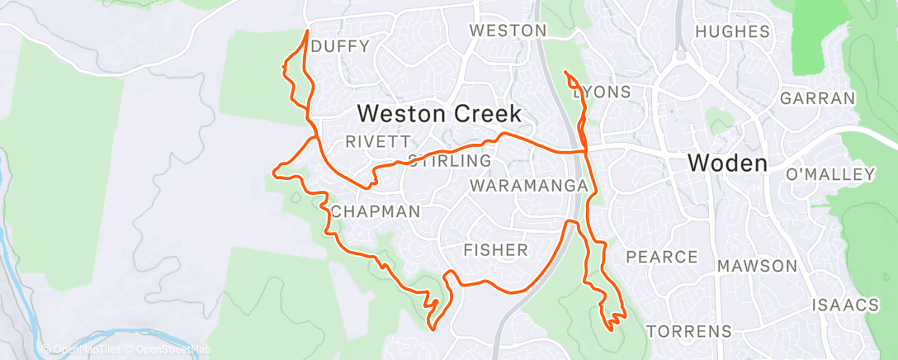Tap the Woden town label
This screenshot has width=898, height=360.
click(x=728, y=163)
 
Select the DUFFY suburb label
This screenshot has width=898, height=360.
click(x=341, y=46)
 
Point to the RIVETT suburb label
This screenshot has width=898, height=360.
click(x=371, y=141)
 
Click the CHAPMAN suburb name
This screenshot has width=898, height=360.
click(x=376, y=212)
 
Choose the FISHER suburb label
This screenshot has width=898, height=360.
click(x=495, y=249)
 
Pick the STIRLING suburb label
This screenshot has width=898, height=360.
click(x=450, y=160)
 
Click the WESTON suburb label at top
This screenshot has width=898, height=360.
click(x=508, y=31)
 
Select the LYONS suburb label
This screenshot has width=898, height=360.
click(x=603, y=92)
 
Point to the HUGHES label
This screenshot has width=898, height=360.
click(x=733, y=32)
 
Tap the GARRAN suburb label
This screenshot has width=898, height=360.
click(x=817, y=98)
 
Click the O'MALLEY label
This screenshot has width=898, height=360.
click(x=830, y=174)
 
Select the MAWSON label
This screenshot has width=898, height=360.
click(x=757, y=266)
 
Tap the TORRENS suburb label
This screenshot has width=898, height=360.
click(x=689, y=332)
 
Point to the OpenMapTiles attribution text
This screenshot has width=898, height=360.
click(x=85, y=349)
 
